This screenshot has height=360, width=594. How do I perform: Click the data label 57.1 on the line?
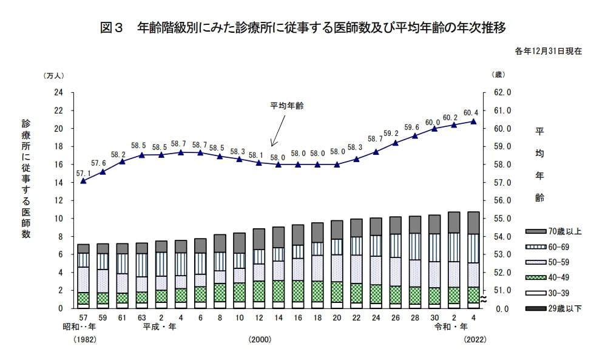83,173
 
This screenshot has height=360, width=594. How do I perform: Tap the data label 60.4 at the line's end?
471,113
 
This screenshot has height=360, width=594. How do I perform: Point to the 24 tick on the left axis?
59,93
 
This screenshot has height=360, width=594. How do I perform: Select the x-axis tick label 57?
83,318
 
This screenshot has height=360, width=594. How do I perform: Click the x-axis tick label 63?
141,318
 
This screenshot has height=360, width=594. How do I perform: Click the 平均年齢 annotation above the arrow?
286,106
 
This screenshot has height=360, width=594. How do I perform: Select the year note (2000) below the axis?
259,340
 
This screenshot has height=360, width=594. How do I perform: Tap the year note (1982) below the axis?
84,340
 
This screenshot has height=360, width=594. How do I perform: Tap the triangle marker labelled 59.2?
396,143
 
